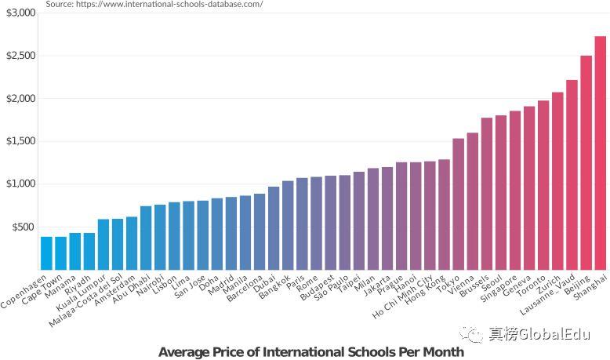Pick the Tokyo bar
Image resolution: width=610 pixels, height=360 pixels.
(x=459, y=204)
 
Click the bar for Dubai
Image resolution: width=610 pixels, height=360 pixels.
(x=274, y=227)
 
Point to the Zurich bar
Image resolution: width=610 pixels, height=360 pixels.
(x=557, y=180)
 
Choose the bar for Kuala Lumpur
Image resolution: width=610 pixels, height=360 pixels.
(x=103, y=244)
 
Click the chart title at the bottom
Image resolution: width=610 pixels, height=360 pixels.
(x=310, y=352)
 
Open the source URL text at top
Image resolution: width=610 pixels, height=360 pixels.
(x=154, y=4)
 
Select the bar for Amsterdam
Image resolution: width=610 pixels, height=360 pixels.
(x=132, y=242)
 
